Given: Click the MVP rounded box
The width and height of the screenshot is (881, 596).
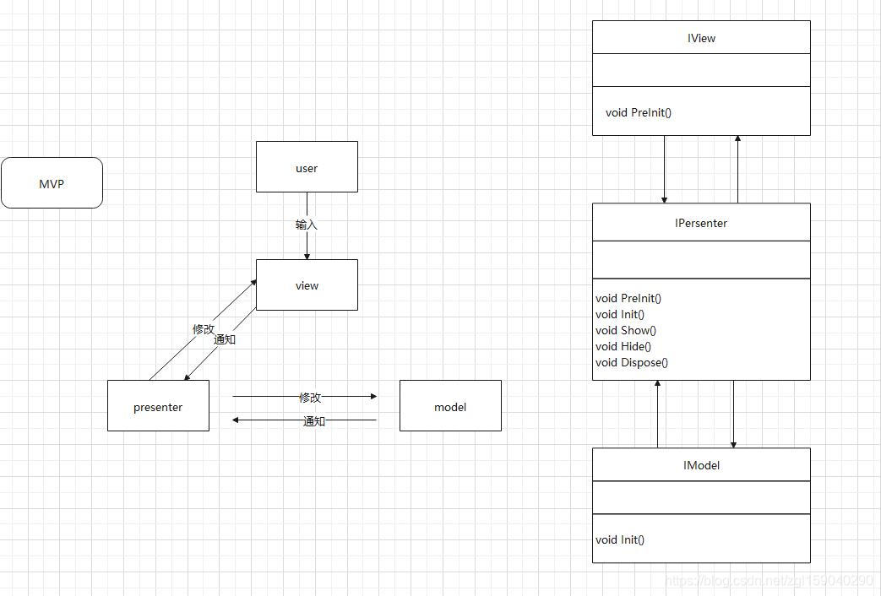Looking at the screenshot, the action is coord(52,183).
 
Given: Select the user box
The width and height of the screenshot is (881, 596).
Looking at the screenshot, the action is coord(307,167).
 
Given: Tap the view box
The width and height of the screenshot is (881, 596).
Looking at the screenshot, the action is coord(307,284).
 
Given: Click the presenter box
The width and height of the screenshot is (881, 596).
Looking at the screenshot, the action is coord(158,405).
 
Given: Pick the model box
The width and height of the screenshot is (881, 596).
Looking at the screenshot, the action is coord(450,405).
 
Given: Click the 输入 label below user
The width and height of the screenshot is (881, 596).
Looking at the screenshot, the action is coord(307,225).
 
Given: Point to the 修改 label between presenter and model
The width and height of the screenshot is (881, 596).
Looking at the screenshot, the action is coord(310,397).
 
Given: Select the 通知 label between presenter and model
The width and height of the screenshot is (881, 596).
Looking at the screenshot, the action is coord(313,420).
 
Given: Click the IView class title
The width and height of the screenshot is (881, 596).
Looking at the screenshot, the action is coord(701,38).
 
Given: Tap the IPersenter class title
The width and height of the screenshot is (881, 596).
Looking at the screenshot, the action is coord(701,223).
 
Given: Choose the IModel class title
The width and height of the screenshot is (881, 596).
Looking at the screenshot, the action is coord(701,465).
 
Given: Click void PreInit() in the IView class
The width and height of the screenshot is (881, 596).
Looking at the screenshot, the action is coord(639,112).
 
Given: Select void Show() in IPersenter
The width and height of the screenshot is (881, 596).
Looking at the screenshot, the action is coord(625,330).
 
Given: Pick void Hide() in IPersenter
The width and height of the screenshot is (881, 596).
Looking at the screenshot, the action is coord(623,347).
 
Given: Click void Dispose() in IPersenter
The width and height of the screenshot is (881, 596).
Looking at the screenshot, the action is coord(632,362).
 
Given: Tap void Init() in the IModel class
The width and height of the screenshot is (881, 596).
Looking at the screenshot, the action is coord(620,539).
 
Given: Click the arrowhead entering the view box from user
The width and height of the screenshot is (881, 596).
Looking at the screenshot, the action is coord(307,256).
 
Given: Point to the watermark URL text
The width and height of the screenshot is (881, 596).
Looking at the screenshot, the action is coord(769,580).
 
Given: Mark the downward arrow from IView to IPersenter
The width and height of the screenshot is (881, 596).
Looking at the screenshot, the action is coord(664,169).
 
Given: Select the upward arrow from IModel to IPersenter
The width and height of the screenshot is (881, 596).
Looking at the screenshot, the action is coord(657,414).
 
